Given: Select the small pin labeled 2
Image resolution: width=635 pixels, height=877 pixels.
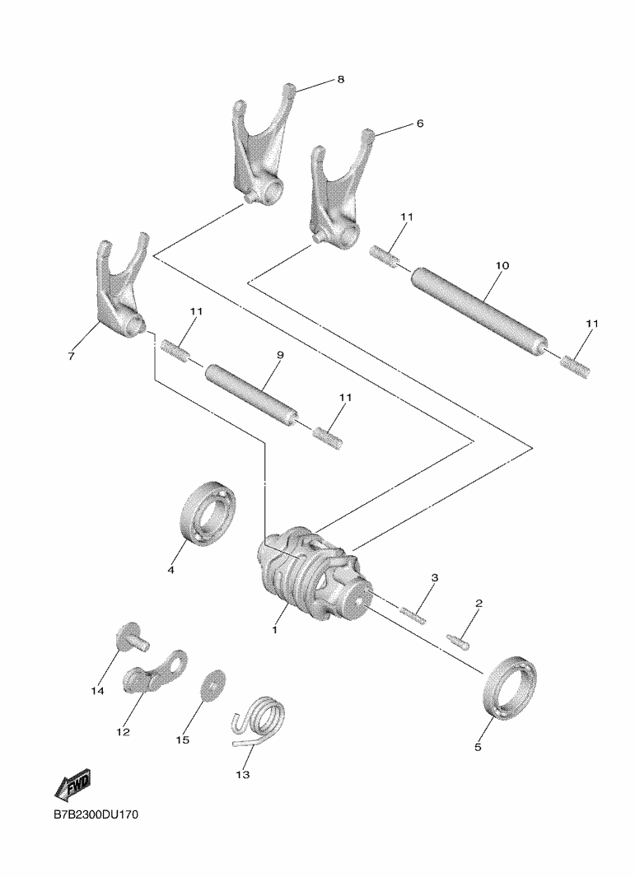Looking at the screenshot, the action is click(459, 641).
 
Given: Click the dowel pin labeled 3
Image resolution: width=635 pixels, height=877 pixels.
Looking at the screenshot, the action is click(413, 613).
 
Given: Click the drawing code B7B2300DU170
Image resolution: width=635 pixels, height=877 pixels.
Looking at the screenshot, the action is click(96, 814).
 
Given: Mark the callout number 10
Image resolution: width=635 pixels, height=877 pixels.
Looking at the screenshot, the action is click(502, 266).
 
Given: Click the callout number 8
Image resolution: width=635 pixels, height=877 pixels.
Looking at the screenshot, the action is click(341, 79).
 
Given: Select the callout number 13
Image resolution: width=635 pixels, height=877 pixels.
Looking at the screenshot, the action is click(242, 775).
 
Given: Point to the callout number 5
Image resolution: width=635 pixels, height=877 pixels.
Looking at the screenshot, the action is click(477, 747).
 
